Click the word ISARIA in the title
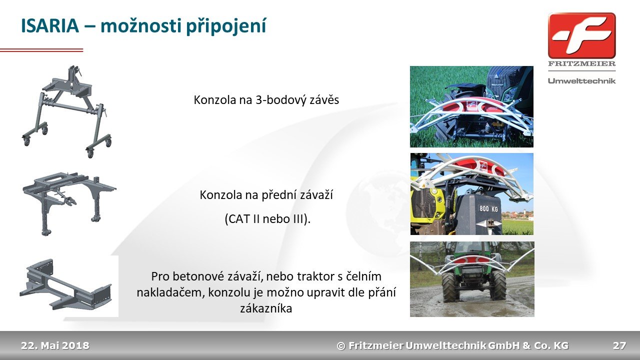[x=50, y=25]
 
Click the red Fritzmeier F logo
[x=581, y=36]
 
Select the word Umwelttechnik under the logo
[x=581, y=81]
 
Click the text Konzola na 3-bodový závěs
[x=266, y=100]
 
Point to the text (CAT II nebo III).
[x=267, y=219]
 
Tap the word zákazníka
[x=266, y=308]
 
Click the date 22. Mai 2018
[x=55, y=345]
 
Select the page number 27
[x=619, y=345]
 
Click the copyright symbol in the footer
[x=341, y=346]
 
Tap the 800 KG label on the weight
[x=488, y=208]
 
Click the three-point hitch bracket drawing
[x=67, y=111]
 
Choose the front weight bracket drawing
[x=69, y=203]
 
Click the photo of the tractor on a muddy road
[x=472, y=279]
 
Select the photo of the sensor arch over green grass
[x=471, y=107]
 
